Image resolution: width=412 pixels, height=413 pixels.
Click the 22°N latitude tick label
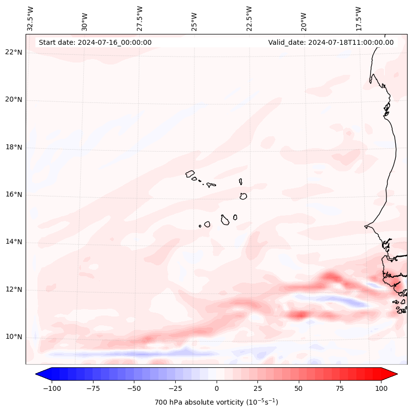pyautogui.click(x=13, y=52)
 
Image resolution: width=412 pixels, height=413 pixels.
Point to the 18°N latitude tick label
pyautogui.click(x=13, y=147)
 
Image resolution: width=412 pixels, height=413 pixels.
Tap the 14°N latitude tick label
pyautogui.click(x=13, y=242)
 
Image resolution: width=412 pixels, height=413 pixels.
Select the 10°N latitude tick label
pyautogui.click(x=13, y=337)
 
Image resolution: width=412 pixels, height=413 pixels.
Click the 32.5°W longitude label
pyautogui.click(x=31, y=18)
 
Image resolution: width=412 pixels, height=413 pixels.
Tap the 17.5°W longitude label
pyautogui.click(x=358, y=18)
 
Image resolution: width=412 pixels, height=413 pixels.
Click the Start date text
pyautogui.click(x=95, y=42)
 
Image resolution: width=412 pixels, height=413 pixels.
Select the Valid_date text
pyautogui.click(x=331, y=42)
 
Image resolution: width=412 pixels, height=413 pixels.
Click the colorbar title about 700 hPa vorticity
pyautogui.click(x=216, y=402)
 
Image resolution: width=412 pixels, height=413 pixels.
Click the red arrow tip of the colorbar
pyautogui.click(x=392, y=374)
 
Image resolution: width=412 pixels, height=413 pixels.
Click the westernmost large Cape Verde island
pyautogui.click(x=190, y=174)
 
